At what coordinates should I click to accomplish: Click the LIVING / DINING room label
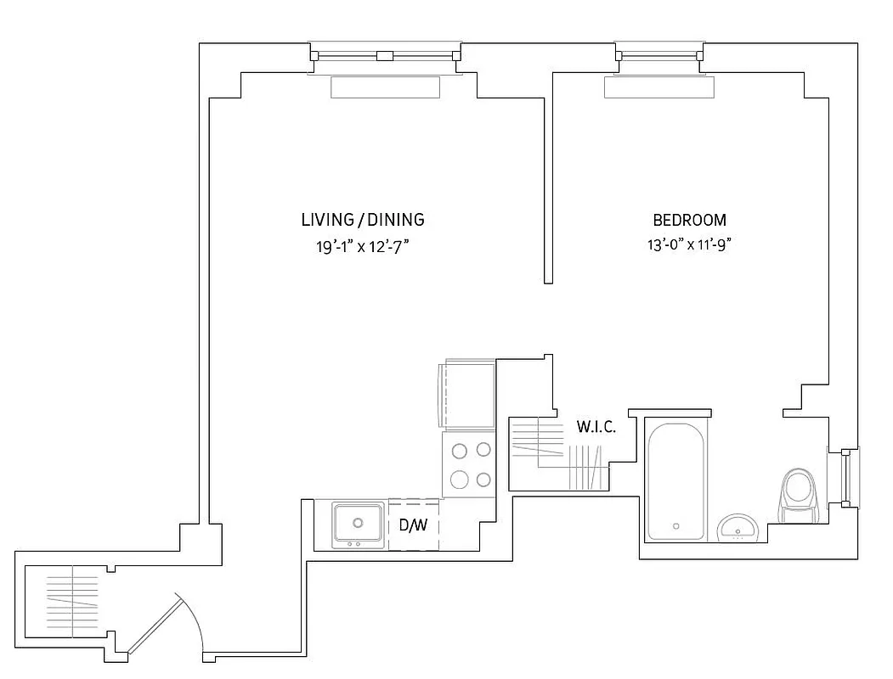click(363, 220)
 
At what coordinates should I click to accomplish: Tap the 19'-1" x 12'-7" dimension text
click(363, 248)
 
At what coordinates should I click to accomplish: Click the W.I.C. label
click(596, 426)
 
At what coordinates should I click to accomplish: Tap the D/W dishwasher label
click(413, 525)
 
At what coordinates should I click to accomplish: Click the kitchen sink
click(358, 524)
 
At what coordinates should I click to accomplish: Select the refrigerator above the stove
click(466, 395)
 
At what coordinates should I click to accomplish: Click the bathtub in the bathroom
click(675, 481)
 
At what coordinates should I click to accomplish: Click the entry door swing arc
click(191, 624)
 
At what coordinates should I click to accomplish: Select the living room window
click(385, 56)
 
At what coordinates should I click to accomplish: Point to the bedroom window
click(660, 56)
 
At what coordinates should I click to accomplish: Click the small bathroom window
click(845, 479)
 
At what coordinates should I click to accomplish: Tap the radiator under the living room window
click(385, 87)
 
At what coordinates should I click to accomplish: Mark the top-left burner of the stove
click(460, 451)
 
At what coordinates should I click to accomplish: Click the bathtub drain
click(676, 525)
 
